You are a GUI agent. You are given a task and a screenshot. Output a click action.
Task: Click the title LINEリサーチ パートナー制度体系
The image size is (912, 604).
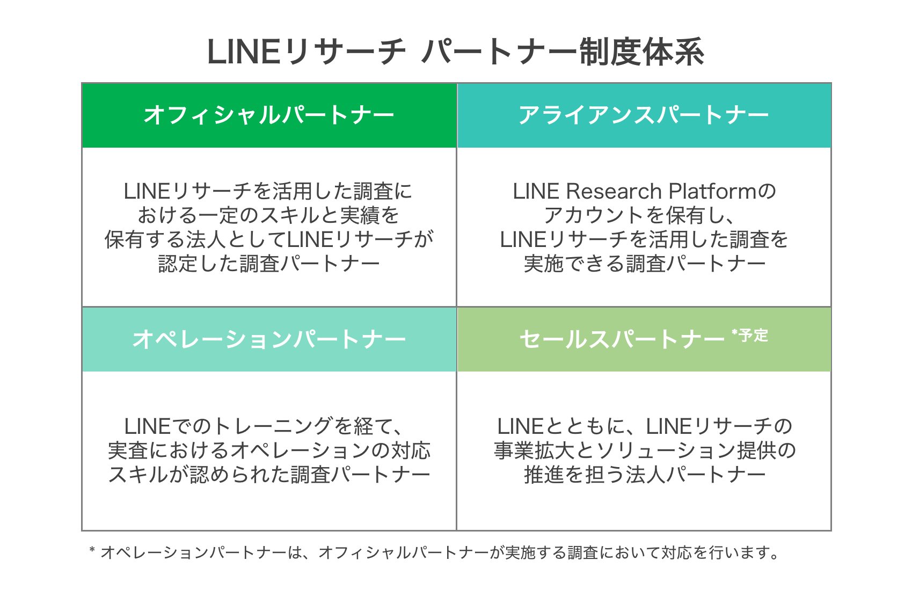455,53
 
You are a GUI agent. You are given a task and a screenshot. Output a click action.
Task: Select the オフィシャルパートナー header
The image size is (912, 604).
269,115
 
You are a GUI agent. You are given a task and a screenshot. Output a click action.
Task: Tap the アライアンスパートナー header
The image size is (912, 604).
644,115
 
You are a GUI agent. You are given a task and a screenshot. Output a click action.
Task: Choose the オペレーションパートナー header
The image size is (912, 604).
269,339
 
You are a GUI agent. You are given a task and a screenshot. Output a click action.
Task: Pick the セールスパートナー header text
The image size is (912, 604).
622,339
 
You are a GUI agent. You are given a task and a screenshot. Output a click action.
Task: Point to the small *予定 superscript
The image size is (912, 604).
750,336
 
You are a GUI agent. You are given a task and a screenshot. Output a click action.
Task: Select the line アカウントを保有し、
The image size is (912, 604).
644,215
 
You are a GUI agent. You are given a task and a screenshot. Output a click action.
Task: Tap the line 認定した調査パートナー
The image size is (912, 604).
269,264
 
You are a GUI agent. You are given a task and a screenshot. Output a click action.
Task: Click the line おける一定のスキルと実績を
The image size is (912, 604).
269,215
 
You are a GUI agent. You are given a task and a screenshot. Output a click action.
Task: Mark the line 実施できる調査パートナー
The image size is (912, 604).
644,264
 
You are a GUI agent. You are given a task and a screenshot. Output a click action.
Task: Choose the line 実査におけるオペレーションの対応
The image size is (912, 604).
269,450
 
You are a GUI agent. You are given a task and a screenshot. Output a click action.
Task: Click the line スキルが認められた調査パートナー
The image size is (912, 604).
269,475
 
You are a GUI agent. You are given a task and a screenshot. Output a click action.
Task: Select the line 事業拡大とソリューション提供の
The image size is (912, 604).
644,450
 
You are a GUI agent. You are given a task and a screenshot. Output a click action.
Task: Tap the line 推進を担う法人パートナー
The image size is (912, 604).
644,475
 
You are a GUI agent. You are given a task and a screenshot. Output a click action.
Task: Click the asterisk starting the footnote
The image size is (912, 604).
92,551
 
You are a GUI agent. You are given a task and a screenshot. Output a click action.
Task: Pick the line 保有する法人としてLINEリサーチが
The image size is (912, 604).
269,239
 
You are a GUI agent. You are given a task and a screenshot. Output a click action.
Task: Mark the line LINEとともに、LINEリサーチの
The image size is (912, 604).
644,426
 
